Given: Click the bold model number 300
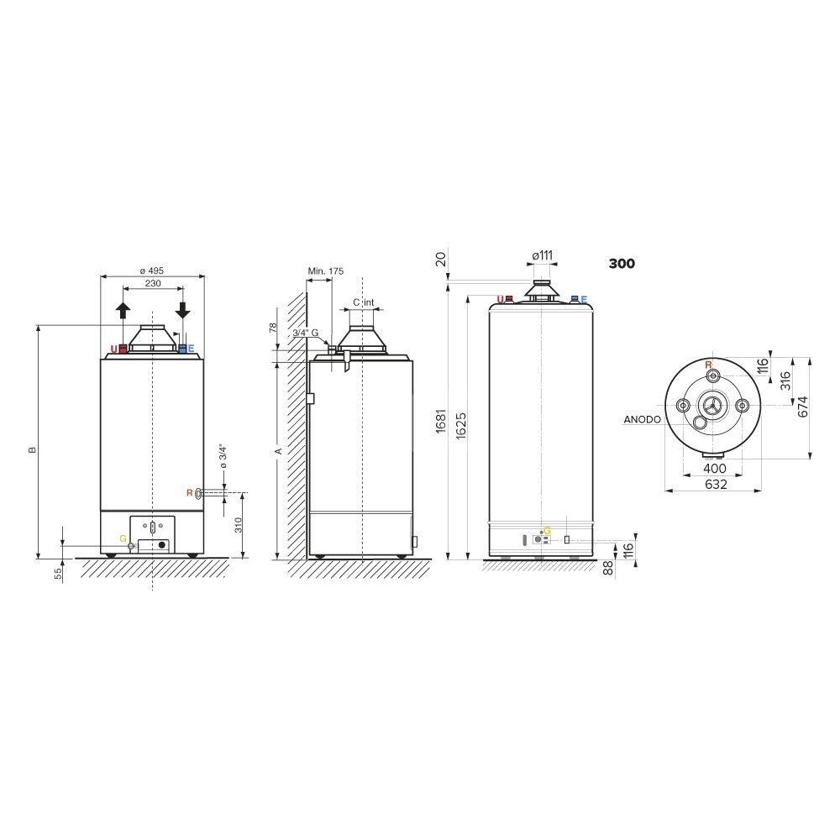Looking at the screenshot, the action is [622, 264].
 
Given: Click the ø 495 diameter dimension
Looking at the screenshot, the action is [151, 271].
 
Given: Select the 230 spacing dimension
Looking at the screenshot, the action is [153, 283].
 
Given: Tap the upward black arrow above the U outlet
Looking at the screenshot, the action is [123, 311].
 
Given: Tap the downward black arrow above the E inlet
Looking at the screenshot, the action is [182, 311].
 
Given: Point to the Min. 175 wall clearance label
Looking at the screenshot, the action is [326, 271].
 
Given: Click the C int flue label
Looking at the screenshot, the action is [363, 302].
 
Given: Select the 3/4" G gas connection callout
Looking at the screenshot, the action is [306, 333].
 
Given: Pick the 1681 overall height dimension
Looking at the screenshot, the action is [441, 421].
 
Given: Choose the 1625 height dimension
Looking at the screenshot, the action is [460, 426].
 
